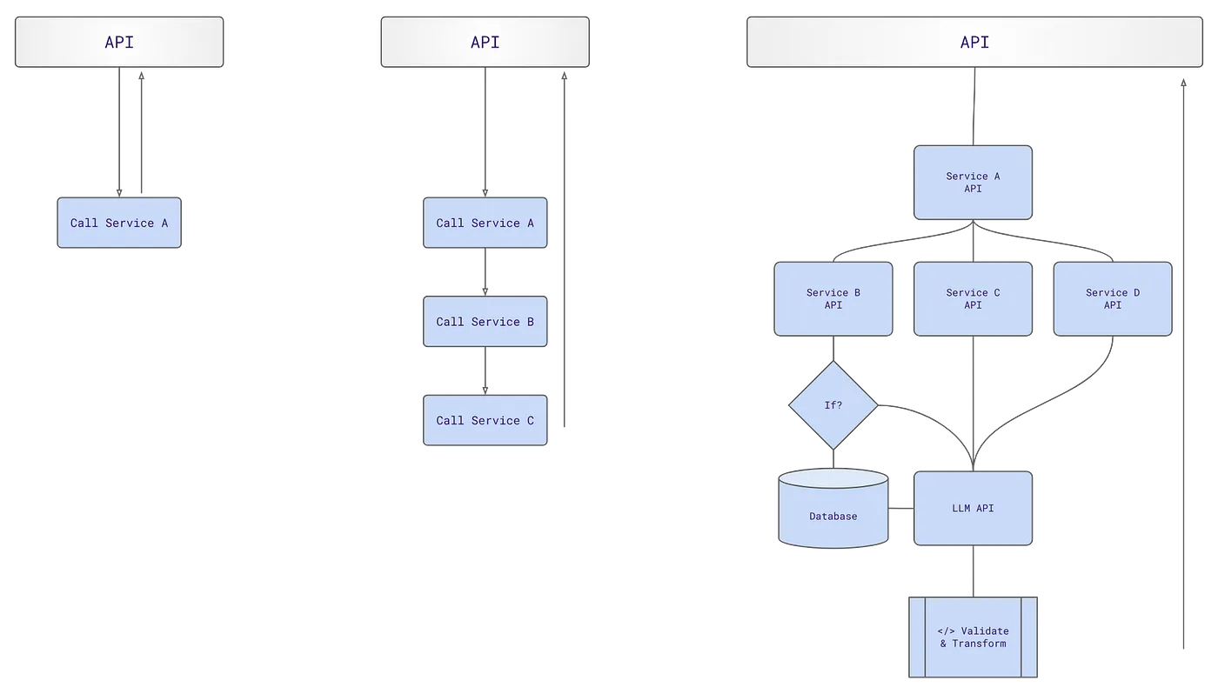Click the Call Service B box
485,322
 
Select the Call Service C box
485,421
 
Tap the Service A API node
973,183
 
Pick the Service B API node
833,299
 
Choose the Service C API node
973,299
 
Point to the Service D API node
1112,299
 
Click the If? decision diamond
833,405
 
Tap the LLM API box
973,509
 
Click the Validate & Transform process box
973,637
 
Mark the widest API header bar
974,42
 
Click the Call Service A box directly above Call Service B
485,224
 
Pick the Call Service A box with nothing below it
119,224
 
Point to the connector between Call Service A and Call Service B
485,273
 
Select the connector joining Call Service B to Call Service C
485,371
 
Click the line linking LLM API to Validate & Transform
973,571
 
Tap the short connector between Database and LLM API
900,509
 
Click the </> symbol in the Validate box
946,631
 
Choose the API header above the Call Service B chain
485,42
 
